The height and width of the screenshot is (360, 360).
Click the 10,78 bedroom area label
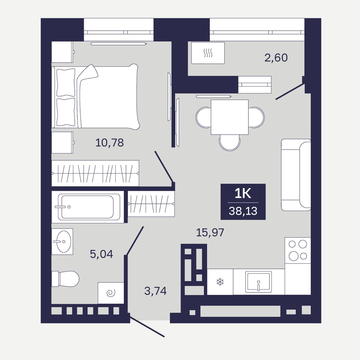click(x=109, y=143)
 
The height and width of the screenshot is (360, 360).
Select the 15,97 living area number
click(x=210, y=232)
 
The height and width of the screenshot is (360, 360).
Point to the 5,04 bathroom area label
click(x=101, y=254)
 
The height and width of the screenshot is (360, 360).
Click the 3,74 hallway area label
click(x=155, y=291)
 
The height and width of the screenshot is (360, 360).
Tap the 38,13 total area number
click(x=243, y=211)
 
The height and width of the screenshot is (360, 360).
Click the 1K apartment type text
click(x=243, y=194)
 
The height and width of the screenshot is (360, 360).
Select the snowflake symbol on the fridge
click(x=220, y=282)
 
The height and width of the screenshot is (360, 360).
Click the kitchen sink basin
click(x=259, y=282)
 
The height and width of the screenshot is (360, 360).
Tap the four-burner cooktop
click(x=298, y=250)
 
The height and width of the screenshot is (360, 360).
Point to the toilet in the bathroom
click(x=65, y=279)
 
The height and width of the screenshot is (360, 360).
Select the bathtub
click(x=88, y=207)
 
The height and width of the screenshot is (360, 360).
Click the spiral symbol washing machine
click(x=111, y=293)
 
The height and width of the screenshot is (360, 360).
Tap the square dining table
click(x=229, y=117)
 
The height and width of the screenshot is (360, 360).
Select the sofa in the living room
click(x=296, y=175)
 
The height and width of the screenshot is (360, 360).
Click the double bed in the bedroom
click(x=96, y=97)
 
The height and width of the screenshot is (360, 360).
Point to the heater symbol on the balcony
click(x=208, y=53)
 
